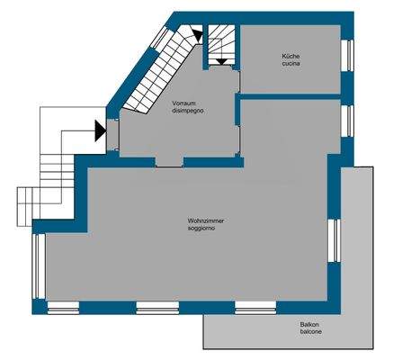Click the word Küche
(x=290, y=56)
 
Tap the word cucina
(x=290, y=64)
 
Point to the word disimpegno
(x=189, y=112)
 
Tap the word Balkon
(x=311, y=325)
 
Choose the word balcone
(x=311, y=333)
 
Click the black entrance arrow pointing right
(x=101, y=130)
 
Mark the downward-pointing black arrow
(x=219, y=60)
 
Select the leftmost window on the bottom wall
(x=63, y=308)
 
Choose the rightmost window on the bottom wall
(x=255, y=308)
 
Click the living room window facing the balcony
(x=334, y=241)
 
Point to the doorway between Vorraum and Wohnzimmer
(x=169, y=163)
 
